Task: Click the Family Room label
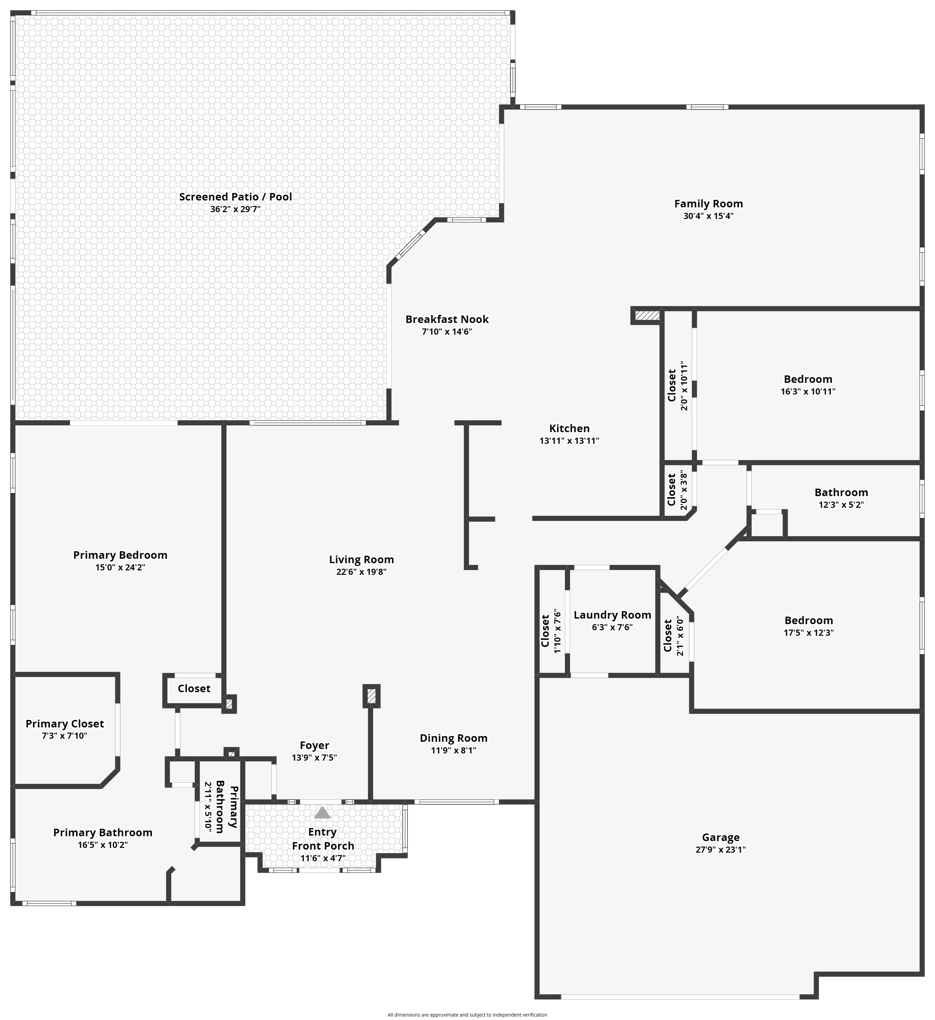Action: pyautogui.click(x=708, y=204)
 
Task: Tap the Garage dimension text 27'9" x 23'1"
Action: pyautogui.click(x=720, y=850)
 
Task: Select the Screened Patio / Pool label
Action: pyautogui.click(x=236, y=197)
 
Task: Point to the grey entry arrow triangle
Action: pyautogui.click(x=322, y=813)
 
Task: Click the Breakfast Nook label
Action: pyautogui.click(x=447, y=319)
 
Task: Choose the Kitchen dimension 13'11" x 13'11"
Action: pyautogui.click(x=569, y=441)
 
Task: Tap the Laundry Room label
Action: pyautogui.click(x=612, y=615)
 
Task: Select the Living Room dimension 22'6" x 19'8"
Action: pyautogui.click(x=362, y=572)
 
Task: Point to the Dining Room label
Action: pyautogui.click(x=454, y=738)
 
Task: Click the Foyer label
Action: pyautogui.click(x=314, y=745)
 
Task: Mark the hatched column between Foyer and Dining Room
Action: pyautogui.click(x=371, y=696)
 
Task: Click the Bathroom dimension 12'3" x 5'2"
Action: pyautogui.click(x=841, y=504)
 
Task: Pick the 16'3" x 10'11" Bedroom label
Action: pyautogui.click(x=808, y=379)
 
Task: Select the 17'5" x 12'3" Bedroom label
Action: pyautogui.click(x=808, y=620)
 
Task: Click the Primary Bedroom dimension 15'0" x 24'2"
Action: pyautogui.click(x=121, y=567)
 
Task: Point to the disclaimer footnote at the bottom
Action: pyautogui.click(x=467, y=1015)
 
